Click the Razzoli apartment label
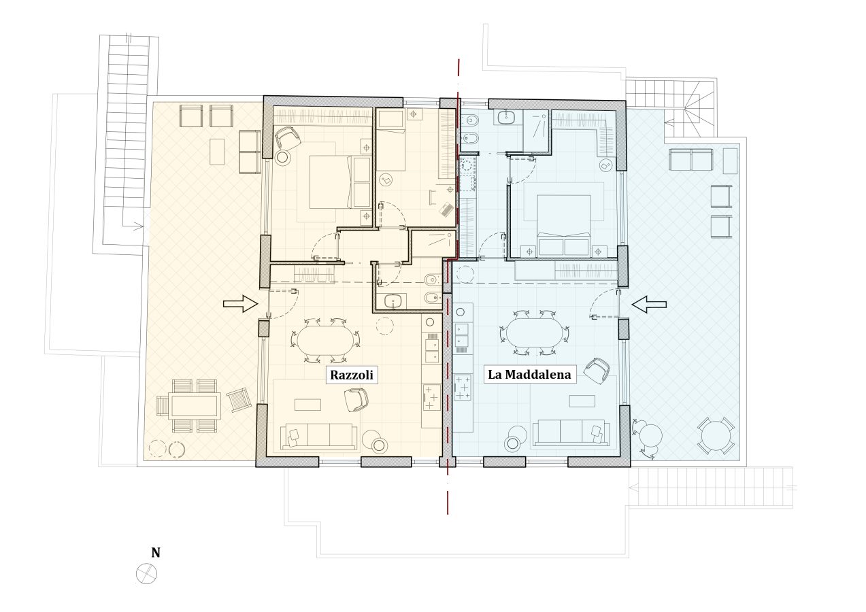coord(352,375)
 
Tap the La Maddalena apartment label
coord(529,375)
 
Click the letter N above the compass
coord(155,553)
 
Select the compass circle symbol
coord(146,573)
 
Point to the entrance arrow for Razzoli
coord(240,304)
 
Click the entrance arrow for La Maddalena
coord(649,304)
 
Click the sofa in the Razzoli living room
coord(320,436)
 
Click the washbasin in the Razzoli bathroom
coord(394,301)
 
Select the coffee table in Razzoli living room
coord(307,405)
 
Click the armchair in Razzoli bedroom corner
coord(288,137)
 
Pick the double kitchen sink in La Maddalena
coord(463,335)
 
